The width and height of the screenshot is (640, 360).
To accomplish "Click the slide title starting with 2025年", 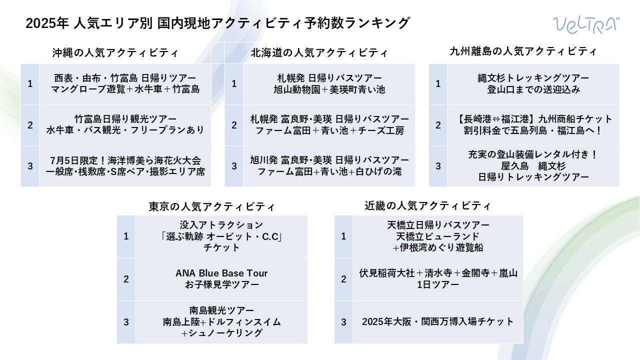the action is [217, 23].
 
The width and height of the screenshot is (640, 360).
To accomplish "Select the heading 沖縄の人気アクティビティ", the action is [115, 52].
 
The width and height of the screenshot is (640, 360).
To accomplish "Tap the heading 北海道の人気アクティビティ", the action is [319, 52].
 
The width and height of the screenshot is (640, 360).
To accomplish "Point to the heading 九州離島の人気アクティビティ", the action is [523, 51].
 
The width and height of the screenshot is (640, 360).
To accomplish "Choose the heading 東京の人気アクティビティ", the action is [212, 206].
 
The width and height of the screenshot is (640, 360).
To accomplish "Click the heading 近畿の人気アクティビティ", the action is [428, 205].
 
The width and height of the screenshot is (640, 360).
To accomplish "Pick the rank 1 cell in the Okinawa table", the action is [30, 83].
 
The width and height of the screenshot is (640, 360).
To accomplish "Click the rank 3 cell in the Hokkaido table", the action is [234, 166].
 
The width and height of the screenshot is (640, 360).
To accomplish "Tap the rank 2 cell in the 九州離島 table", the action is [438, 125].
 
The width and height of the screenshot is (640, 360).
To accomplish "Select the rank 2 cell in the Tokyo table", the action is [126, 279].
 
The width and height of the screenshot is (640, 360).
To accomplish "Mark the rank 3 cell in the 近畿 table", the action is [343, 322].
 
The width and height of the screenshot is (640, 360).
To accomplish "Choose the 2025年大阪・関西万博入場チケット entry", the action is [437, 322].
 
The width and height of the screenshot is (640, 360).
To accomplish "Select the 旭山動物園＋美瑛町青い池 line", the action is [329, 89].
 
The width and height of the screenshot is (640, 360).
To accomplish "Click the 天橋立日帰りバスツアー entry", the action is [438, 224].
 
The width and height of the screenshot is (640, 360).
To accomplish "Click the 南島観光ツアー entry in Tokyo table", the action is [221, 310].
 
